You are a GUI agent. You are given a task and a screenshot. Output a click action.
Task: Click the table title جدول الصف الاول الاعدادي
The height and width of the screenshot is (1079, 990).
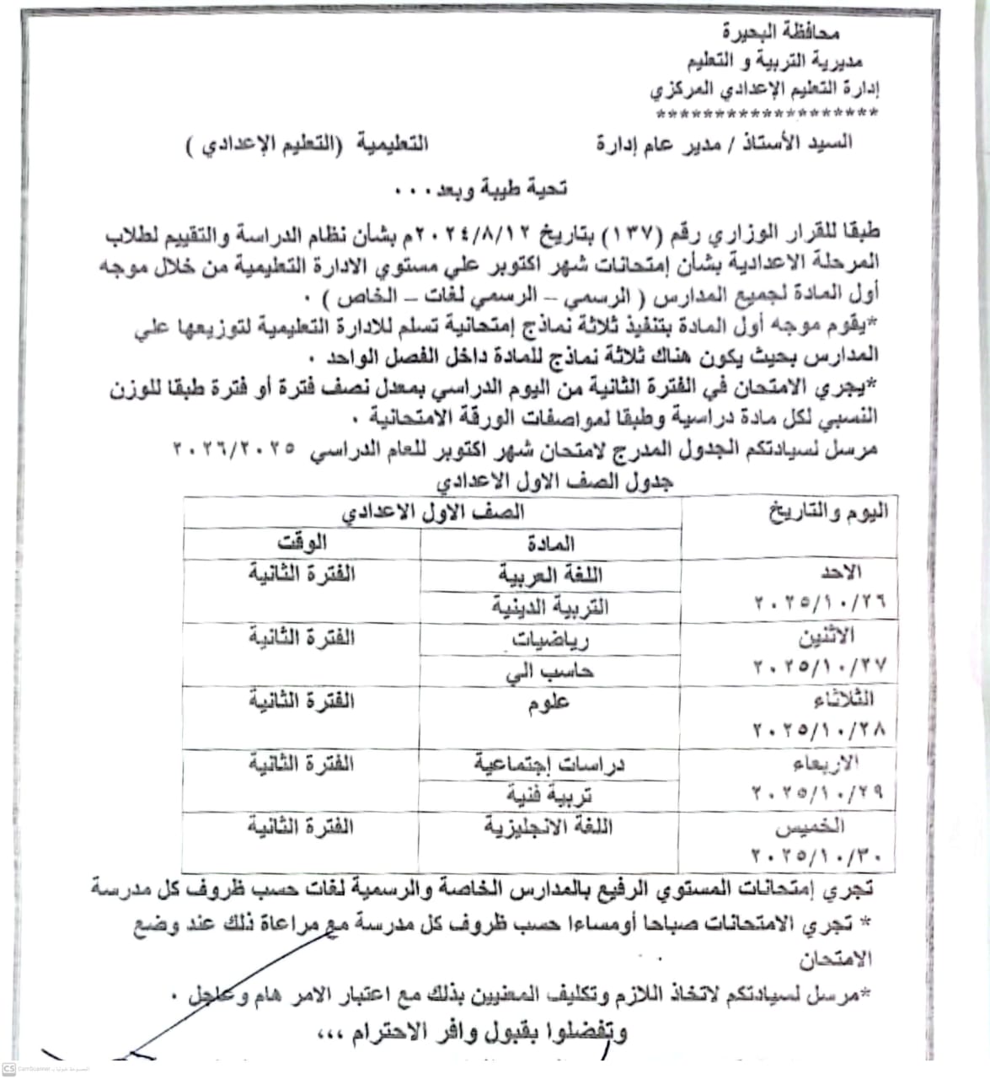(554, 482)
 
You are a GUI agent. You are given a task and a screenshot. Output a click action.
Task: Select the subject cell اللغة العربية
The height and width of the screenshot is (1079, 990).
(550, 576)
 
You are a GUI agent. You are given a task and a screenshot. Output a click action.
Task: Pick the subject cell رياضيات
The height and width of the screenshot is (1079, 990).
(553, 640)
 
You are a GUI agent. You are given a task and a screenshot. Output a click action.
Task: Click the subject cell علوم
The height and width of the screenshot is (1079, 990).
(549, 703)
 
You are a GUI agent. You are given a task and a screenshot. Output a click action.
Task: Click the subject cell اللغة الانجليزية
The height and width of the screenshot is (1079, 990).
(549, 827)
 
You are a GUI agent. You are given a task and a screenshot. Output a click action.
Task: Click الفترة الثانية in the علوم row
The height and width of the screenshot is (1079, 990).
(302, 701)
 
